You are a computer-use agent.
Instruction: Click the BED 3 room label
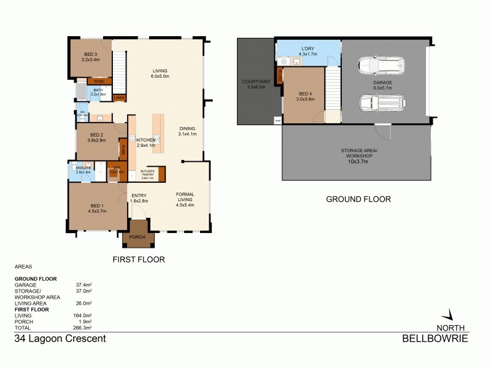(90, 55)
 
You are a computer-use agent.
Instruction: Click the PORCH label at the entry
(137, 237)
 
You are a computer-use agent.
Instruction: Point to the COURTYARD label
(253, 81)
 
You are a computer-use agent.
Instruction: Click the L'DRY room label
(307, 48)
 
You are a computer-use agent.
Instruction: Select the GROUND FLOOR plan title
(358, 199)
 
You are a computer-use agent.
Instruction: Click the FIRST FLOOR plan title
(139, 259)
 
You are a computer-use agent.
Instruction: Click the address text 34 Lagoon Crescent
(60, 339)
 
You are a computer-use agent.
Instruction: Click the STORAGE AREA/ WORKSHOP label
(360, 153)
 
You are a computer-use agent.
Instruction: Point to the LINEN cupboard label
(119, 98)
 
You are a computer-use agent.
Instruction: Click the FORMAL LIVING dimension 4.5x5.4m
(185, 205)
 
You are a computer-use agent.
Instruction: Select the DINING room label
(187, 129)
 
